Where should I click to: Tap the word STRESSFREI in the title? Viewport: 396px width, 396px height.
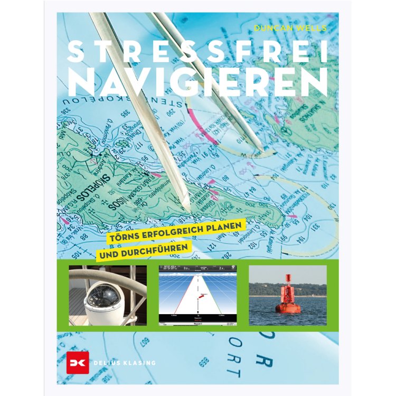[198, 53]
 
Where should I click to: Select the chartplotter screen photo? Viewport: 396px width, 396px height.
[198, 295]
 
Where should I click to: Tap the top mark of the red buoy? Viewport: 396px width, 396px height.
[288, 278]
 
